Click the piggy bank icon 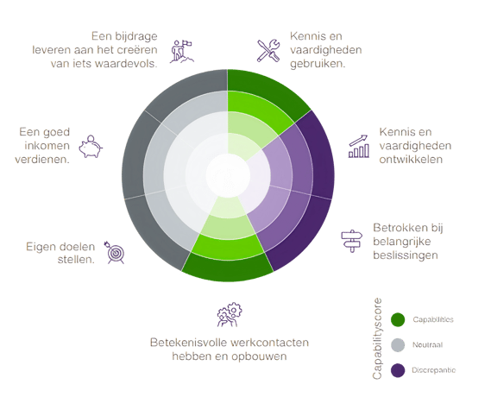[x=91, y=147]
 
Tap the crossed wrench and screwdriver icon [x=268, y=50]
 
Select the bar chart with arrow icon [x=359, y=146]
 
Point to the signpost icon [x=352, y=241]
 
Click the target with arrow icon [x=114, y=252]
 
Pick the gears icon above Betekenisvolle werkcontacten [x=230, y=315]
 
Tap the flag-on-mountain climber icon [x=181, y=52]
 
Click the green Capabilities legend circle [x=398, y=319]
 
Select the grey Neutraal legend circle [x=398, y=345]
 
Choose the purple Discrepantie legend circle [x=398, y=370]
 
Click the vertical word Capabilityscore [x=377, y=339]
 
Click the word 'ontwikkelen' [x=411, y=160]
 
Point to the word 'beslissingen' [x=406, y=255]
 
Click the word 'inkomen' [x=47, y=146]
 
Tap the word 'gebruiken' [x=317, y=64]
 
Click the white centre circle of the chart [x=229, y=176]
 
